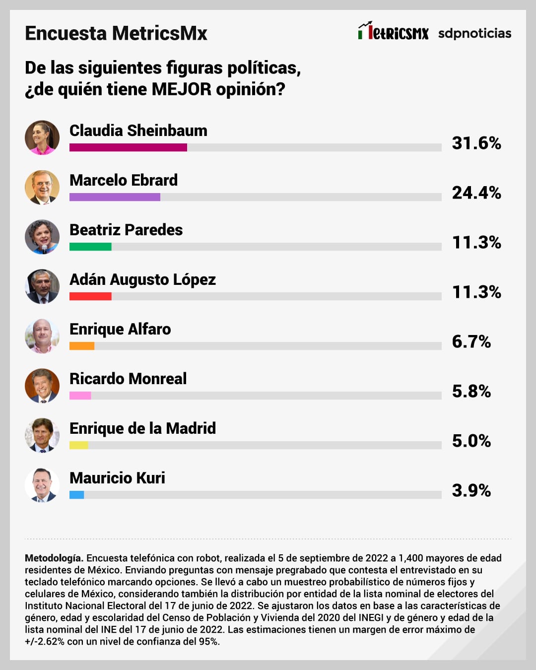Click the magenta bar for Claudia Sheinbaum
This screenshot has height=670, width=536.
128,147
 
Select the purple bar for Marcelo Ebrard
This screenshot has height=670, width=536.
115,197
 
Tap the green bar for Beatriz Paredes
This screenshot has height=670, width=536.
90,247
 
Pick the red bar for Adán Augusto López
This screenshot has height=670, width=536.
90,296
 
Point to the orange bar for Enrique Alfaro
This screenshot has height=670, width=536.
82,346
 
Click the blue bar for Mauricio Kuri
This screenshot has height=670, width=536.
76,495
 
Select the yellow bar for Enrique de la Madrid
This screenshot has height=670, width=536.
79,445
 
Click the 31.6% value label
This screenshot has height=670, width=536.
476,143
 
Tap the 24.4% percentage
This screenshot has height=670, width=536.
476,193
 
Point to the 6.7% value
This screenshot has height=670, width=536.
471,341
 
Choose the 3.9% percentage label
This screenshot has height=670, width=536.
471,490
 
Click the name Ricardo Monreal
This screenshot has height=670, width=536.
128,379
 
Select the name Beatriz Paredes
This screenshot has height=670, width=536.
126,230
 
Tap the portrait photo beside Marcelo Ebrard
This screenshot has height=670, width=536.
42,187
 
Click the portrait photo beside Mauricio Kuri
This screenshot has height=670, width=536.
42,485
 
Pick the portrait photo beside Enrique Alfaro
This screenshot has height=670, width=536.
42,336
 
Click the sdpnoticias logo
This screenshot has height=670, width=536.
474,33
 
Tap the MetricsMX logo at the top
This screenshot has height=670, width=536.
393,32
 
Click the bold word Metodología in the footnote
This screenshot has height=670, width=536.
54,558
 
